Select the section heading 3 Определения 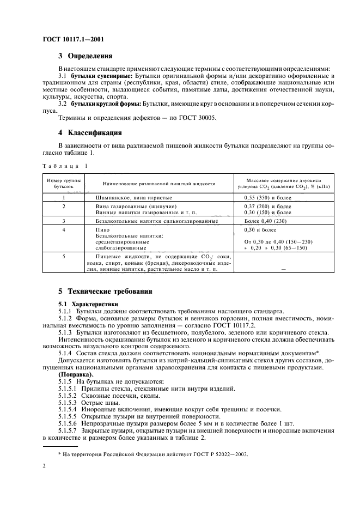pos(86,56)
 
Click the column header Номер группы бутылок pos(63,183)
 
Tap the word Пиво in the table pos(102,230)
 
